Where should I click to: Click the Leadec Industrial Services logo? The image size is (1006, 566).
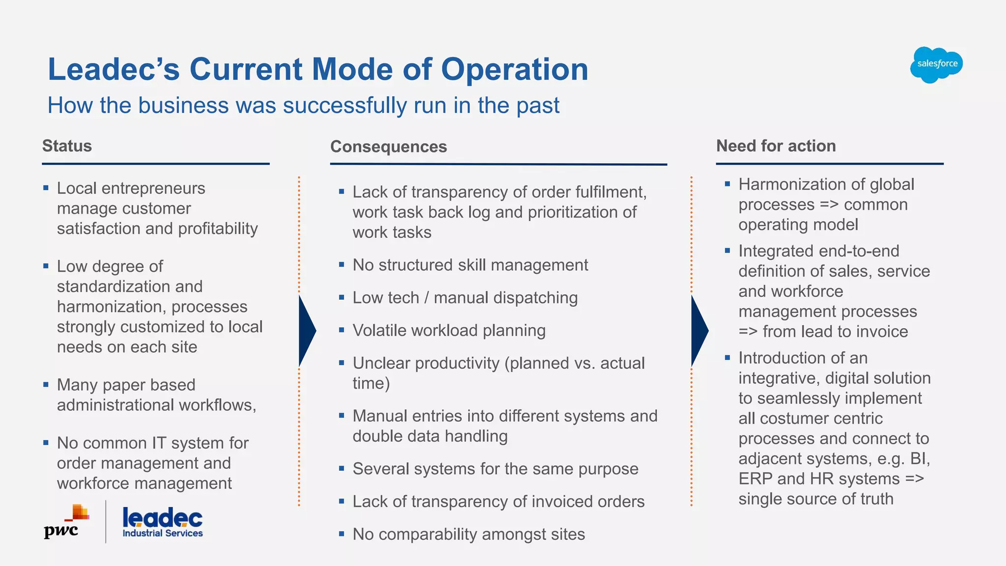click(x=162, y=523)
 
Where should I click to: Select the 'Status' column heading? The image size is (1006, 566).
click(x=67, y=146)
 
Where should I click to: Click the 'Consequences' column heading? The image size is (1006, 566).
click(x=388, y=146)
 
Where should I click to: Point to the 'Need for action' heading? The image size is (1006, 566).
click(x=776, y=146)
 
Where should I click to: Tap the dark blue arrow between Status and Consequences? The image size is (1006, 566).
click(x=306, y=331)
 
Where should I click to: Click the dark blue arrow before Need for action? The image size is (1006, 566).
click(x=699, y=331)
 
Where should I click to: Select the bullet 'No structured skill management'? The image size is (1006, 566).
click(x=470, y=265)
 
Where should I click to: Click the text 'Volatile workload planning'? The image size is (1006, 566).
click(x=449, y=331)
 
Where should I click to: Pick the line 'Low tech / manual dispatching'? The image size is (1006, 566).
click(x=465, y=298)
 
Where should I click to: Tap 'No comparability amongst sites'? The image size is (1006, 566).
click(x=469, y=534)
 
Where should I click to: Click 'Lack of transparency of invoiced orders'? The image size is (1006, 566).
click(x=498, y=502)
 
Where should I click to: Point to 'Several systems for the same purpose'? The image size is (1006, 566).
click(x=495, y=469)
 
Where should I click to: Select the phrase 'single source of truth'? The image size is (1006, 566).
click(x=815, y=499)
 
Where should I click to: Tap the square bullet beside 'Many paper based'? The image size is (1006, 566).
click(x=46, y=385)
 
